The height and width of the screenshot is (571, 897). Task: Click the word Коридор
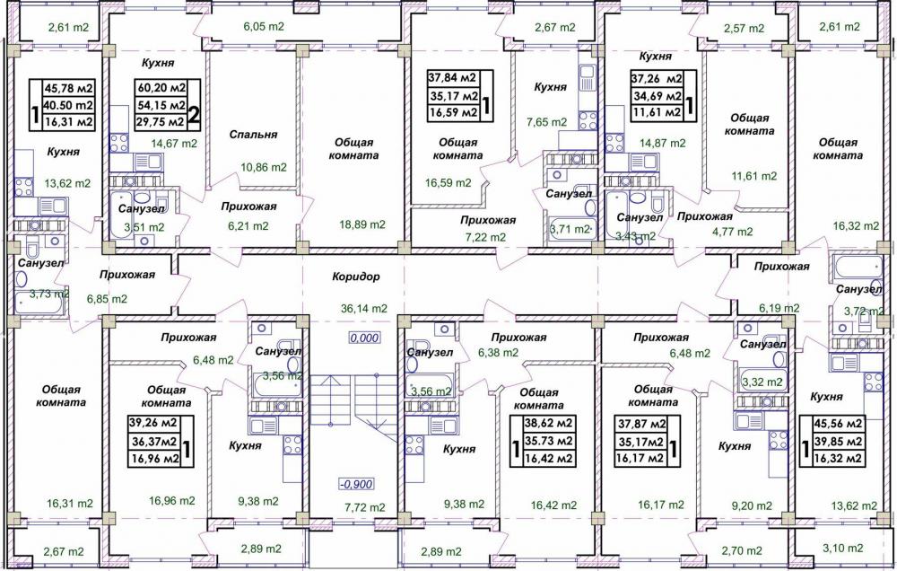[356, 277]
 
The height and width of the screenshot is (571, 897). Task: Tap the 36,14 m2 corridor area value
[364, 308]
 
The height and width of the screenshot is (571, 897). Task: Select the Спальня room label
[254, 135]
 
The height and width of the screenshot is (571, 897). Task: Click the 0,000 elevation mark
[365, 338]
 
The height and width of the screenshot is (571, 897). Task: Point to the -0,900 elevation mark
[356, 485]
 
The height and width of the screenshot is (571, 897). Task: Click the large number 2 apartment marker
[194, 114]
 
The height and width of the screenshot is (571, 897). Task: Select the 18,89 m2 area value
[362, 224]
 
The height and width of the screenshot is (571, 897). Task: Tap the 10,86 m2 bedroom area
[263, 167]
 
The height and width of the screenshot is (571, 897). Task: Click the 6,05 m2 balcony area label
[264, 26]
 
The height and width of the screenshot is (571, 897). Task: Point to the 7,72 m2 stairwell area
[364, 507]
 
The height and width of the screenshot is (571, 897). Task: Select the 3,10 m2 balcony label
[843, 548]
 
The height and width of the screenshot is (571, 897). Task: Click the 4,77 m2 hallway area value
[732, 232]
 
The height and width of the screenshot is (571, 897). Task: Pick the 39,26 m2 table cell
[152, 423]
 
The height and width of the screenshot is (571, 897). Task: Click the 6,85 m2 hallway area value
[107, 298]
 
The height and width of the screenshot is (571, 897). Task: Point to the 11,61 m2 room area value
[753, 176]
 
